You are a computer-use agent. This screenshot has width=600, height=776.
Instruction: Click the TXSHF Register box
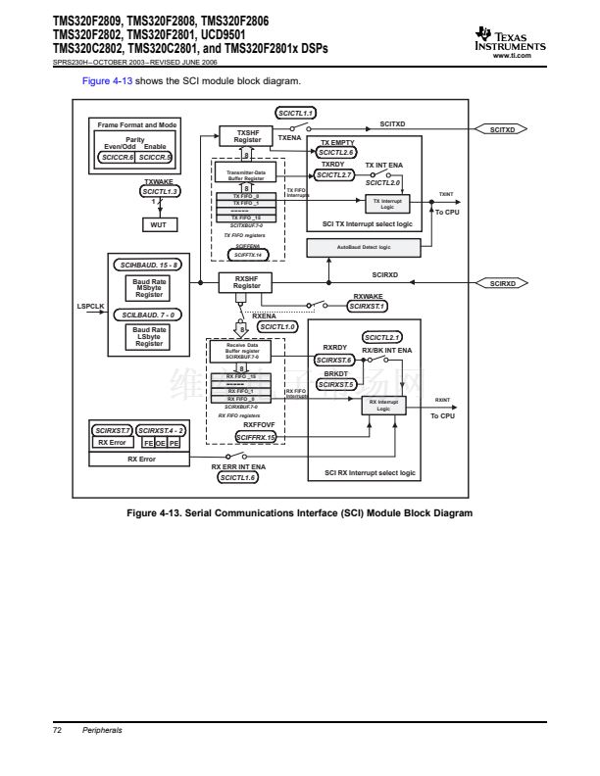(x=247, y=137)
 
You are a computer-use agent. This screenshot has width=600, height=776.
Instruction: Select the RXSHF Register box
(x=247, y=282)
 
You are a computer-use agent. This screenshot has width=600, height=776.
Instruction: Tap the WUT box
(x=160, y=224)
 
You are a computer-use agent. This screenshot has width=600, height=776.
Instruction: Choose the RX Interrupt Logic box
(x=384, y=407)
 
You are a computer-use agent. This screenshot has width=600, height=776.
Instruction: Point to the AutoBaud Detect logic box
(x=376, y=247)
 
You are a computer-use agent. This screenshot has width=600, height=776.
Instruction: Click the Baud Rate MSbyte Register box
(x=149, y=289)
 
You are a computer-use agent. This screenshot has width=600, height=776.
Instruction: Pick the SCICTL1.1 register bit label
(x=296, y=115)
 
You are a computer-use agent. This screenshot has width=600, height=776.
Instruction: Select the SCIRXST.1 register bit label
(x=368, y=306)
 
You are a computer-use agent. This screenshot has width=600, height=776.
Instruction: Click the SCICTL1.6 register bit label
(x=238, y=477)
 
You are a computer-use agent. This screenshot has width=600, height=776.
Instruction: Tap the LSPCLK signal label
(x=91, y=307)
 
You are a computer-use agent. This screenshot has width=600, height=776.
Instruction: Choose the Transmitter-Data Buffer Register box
(x=247, y=174)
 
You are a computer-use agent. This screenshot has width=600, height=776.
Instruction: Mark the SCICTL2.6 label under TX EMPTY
(x=337, y=153)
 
